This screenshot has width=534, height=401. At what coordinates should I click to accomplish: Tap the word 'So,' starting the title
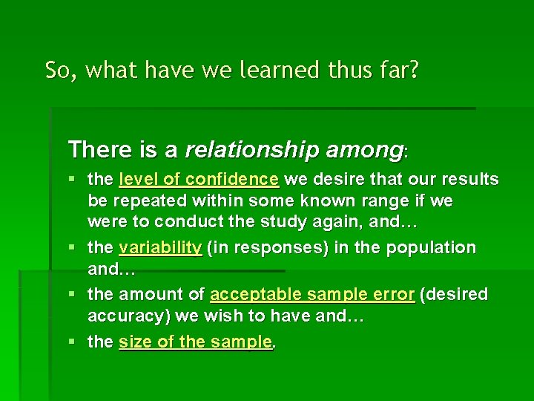(x=61, y=71)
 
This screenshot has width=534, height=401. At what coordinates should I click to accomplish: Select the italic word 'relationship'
(x=254, y=151)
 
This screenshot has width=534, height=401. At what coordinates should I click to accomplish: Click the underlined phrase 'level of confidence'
(x=199, y=180)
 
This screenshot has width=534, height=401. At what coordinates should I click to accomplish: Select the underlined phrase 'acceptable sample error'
(x=312, y=296)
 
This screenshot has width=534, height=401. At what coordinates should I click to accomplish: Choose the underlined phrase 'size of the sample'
(x=195, y=342)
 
